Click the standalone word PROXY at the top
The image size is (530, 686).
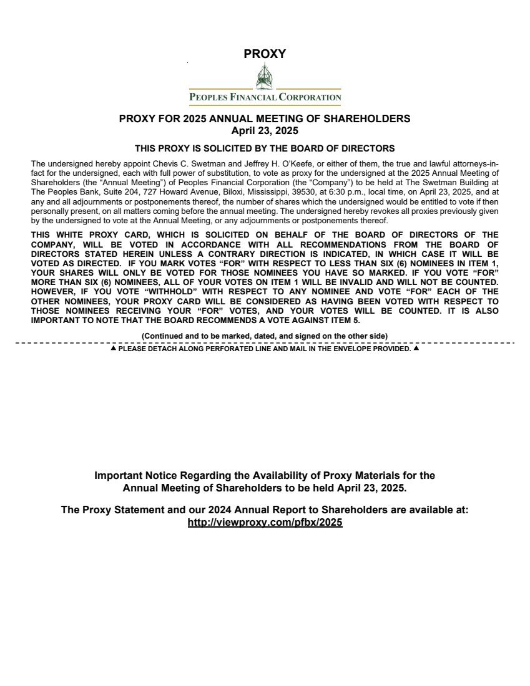point(265,54)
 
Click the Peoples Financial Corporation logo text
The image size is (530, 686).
point(265,97)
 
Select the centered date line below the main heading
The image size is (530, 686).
point(265,131)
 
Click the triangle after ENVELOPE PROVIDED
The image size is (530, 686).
point(416,349)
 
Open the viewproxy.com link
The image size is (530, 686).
point(265,523)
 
